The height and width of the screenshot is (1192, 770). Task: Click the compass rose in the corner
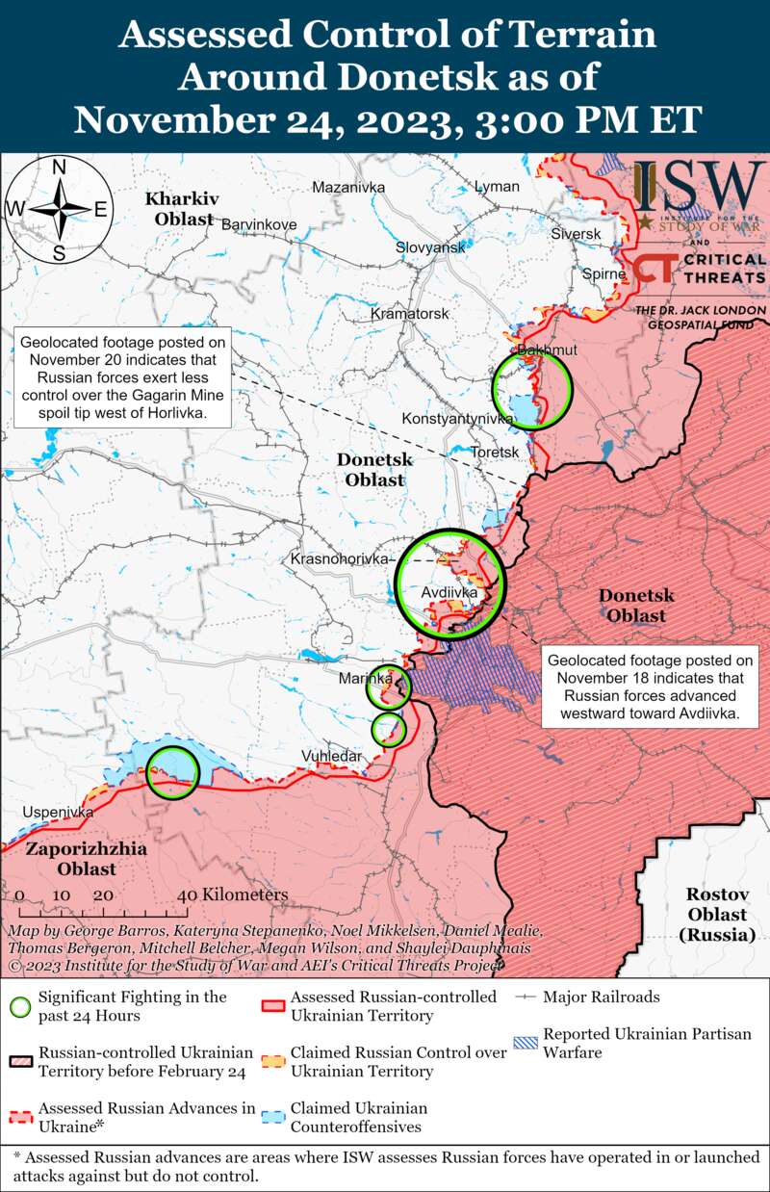coord(59,209)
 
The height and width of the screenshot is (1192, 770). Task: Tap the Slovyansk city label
coord(430,247)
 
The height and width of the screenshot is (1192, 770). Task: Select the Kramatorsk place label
coord(410,314)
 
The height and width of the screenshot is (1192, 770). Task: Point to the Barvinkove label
coord(259,224)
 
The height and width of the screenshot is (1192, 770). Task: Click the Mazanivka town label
coord(348,187)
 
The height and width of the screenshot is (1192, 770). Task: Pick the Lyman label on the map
coord(497,187)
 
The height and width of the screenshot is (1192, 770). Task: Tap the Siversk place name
coord(576,234)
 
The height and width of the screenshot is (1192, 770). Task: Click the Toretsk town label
coord(496,452)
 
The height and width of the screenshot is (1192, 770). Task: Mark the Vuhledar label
coord(332,756)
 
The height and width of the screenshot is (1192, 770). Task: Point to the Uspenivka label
coord(58,813)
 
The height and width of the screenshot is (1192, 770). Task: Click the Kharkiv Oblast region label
coord(180,209)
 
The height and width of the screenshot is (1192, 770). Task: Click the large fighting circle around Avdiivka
coord(450,583)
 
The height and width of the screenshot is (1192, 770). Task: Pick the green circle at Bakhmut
coord(531,389)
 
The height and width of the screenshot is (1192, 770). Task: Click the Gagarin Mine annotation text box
coord(123,378)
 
